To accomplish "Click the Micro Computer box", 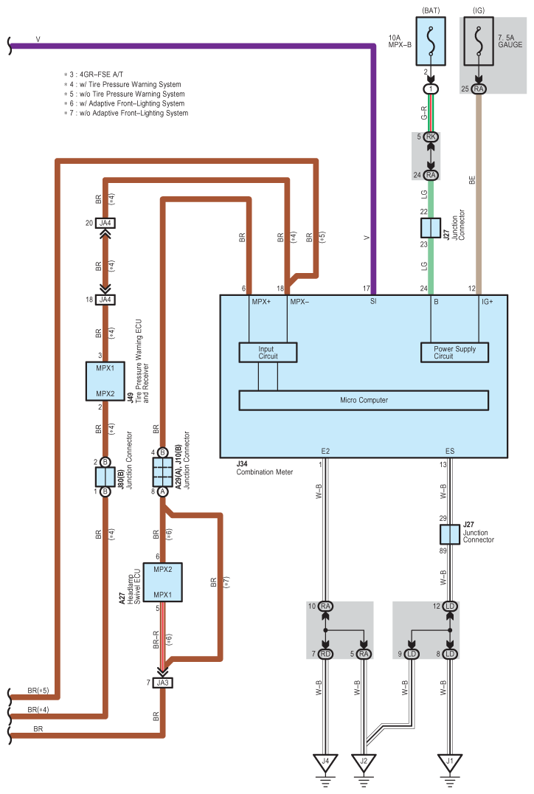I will pyautogui.click(x=364, y=400).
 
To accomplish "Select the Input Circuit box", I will pyautogui.click(x=268, y=352).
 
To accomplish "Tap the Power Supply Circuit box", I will pyautogui.click(x=454, y=352).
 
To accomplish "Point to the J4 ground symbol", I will pyautogui.click(x=325, y=762).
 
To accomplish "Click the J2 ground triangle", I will pyautogui.click(x=364, y=762).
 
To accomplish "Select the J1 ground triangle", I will pyautogui.click(x=450, y=762).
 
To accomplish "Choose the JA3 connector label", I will pyautogui.click(x=163, y=683).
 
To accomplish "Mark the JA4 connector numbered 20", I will pyautogui.click(x=105, y=223).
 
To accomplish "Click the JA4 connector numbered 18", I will pyautogui.click(x=105, y=299).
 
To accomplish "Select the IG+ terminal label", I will pyautogui.click(x=488, y=301).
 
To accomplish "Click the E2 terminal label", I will pyautogui.click(x=325, y=450).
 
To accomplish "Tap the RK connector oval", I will pyautogui.click(x=431, y=137).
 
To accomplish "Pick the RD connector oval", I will pyautogui.click(x=325, y=654).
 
